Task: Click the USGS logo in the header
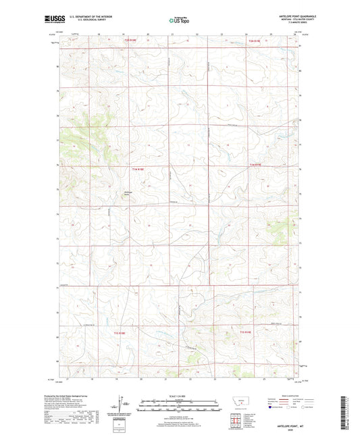tap(51, 20)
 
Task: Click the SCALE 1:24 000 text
tap(179, 395)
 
